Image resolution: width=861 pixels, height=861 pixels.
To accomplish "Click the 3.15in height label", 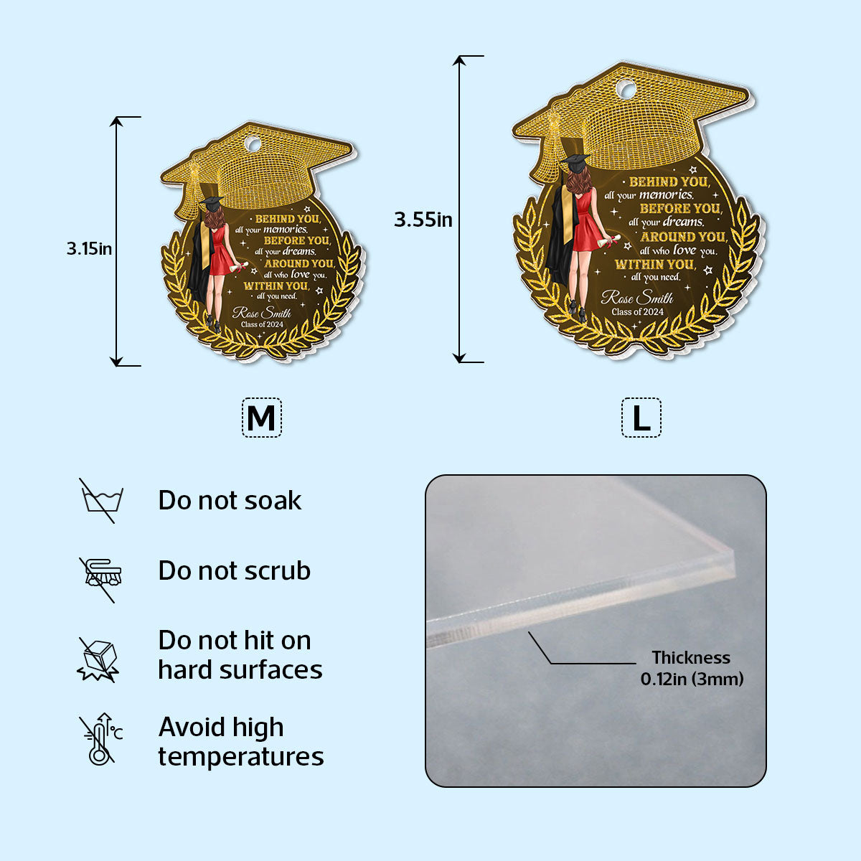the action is pyautogui.click(x=89, y=249).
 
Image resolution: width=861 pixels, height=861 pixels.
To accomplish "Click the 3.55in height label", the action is pyautogui.click(x=423, y=220).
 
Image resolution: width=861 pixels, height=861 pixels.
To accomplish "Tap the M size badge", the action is pyautogui.click(x=261, y=418).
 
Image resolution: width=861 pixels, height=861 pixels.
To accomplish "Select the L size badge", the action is pyautogui.click(x=641, y=418).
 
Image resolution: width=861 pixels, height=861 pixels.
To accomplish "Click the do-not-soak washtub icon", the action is pyautogui.click(x=101, y=500).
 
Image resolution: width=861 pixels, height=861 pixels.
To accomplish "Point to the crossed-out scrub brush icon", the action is pyautogui.click(x=101, y=580).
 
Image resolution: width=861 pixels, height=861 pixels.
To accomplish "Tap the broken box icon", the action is pyautogui.click(x=98, y=659).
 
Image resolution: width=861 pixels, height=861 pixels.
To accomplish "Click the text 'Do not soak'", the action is pyautogui.click(x=230, y=500).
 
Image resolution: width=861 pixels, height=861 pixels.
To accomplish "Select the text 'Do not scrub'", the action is pyautogui.click(x=234, y=570).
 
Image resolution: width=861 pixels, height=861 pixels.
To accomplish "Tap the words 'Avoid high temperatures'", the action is pyautogui.click(x=241, y=742).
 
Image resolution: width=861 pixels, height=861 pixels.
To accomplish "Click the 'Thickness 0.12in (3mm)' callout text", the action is pyautogui.click(x=692, y=668).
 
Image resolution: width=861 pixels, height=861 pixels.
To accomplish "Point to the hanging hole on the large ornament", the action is pyautogui.click(x=628, y=90).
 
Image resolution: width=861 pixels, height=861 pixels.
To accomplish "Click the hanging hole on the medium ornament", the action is pyautogui.click(x=253, y=145).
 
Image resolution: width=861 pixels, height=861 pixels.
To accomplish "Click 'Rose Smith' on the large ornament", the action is pyautogui.click(x=637, y=298).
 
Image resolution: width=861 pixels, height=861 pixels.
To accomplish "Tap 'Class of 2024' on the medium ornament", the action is pyautogui.click(x=263, y=324).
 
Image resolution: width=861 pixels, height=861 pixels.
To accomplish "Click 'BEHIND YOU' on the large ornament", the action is pyautogui.click(x=669, y=182).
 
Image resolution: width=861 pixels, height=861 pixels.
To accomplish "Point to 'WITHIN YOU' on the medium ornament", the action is pyautogui.click(x=276, y=286).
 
